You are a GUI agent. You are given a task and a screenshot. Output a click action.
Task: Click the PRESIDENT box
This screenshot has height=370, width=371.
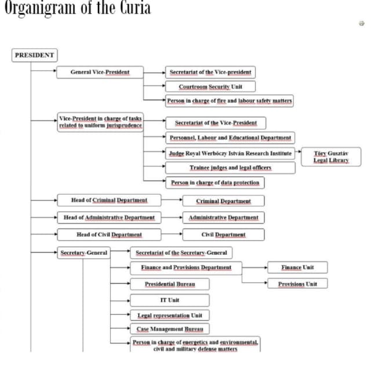click(x=34, y=55)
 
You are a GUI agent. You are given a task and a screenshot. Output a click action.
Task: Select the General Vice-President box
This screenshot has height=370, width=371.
click(x=100, y=72)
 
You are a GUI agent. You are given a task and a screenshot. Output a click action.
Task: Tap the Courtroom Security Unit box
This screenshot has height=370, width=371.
click(x=210, y=86)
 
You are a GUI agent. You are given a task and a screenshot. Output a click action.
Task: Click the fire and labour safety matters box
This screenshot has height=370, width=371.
click(x=229, y=100)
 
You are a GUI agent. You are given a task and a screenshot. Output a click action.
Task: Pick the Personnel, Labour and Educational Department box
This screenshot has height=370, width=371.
click(x=230, y=138)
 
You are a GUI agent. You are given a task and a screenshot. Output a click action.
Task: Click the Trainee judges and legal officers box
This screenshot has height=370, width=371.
click(x=230, y=168)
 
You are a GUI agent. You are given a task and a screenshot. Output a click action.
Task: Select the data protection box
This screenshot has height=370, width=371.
click(x=215, y=182)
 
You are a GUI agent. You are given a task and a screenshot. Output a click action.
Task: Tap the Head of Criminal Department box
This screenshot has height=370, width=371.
click(x=109, y=200)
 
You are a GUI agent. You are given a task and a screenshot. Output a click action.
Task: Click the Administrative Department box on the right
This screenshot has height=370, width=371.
click(x=223, y=217)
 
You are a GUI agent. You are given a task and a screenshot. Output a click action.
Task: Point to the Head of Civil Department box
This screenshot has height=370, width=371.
click(x=109, y=235)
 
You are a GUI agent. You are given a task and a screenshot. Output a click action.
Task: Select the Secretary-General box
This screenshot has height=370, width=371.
click(x=83, y=253)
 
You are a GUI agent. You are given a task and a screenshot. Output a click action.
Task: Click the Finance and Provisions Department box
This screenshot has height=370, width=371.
click(x=185, y=267)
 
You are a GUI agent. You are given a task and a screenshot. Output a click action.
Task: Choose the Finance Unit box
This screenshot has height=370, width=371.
click(x=297, y=267)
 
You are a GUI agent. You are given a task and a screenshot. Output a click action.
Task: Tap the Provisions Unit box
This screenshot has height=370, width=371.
click(x=297, y=284)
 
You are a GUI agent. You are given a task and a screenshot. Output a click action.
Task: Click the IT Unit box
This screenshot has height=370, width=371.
click(x=169, y=300)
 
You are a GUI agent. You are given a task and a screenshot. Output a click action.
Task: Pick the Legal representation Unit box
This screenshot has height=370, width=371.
click(x=169, y=315)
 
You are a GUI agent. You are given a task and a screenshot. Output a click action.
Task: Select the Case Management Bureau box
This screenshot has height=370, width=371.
click(x=169, y=329)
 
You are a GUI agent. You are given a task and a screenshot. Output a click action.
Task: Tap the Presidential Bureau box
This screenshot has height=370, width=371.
click(x=169, y=284)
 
